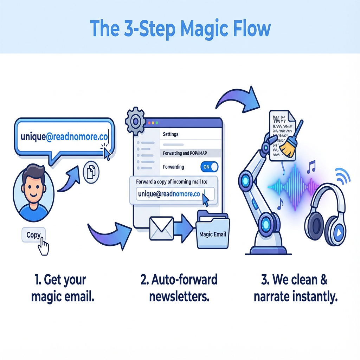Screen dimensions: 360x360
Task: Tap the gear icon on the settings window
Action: click(135, 121)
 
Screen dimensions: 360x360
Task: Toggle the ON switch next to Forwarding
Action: click(209, 167)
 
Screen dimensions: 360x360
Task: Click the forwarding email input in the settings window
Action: click(170, 194)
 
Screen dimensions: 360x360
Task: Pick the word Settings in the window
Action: click(171, 134)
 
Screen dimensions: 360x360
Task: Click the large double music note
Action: click(311, 166)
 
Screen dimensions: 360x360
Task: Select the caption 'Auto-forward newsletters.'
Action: click(179, 288)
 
